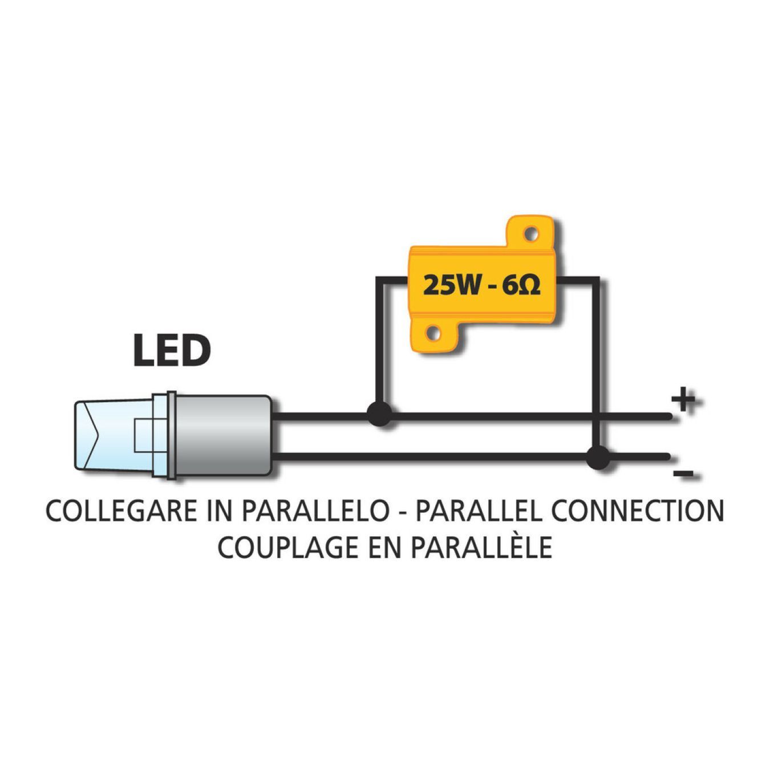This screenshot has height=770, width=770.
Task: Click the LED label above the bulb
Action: pos(172,351)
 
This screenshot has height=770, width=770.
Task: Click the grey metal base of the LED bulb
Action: pos(223,436)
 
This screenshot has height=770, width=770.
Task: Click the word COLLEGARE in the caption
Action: pos(122,510)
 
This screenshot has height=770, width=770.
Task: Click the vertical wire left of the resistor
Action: pos(378,343)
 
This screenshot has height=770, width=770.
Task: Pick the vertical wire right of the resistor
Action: pos(596,366)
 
